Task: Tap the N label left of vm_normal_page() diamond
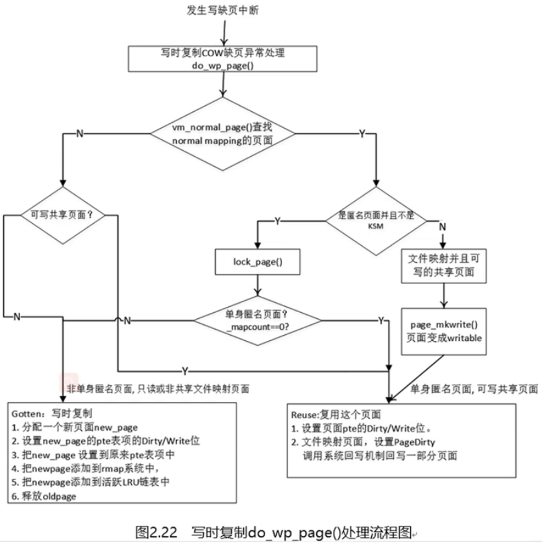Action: tap(80, 133)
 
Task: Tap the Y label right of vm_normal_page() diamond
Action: tap(362, 133)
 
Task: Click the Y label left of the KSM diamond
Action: tap(278, 220)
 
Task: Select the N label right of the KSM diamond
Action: tap(442, 227)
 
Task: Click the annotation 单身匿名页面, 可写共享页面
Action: tap(473, 389)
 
